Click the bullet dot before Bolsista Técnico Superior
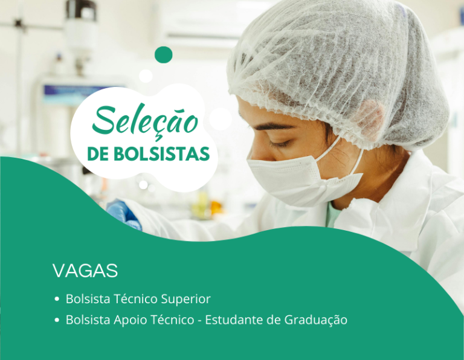tap(56, 299)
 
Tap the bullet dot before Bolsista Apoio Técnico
tap(56, 320)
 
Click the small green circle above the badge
tap(163, 54)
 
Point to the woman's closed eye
tap(280, 144)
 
